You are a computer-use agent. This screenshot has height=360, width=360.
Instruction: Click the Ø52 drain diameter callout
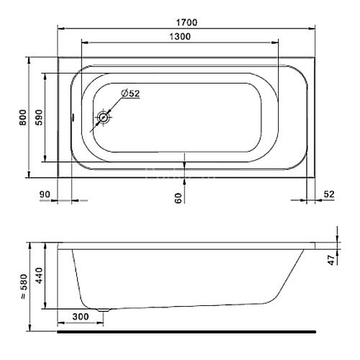coord(131,94)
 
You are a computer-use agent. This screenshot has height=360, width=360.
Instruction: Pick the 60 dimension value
coord(178,197)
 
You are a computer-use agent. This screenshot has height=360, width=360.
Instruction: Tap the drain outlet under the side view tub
coord(105,310)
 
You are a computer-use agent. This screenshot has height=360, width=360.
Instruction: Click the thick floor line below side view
coord(187,333)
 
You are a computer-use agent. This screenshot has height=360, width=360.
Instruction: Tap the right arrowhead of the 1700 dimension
coord(314,30)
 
